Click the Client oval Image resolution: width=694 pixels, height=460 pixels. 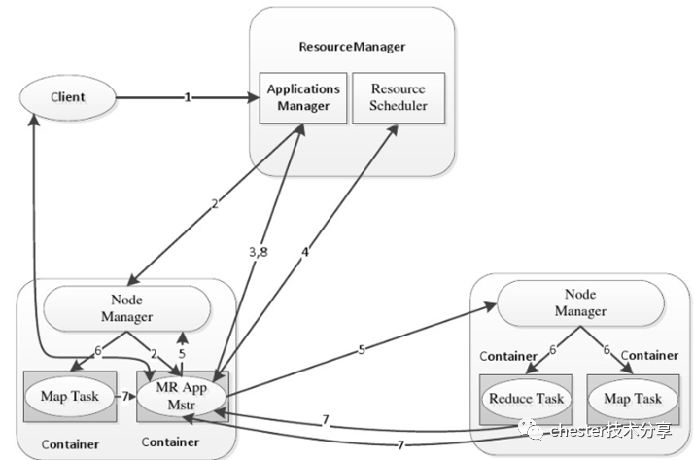[x=67, y=97]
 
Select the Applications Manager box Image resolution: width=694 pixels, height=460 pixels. [x=303, y=97]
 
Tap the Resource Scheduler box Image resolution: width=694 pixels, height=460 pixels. [x=397, y=97]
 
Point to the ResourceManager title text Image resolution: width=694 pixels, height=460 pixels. [x=352, y=47]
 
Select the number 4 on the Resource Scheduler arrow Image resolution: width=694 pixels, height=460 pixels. [x=305, y=251]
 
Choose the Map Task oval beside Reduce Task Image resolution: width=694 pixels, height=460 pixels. [x=633, y=399]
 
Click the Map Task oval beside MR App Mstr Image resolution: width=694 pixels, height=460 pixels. [x=71, y=397]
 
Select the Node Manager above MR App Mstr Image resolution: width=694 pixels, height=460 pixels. [x=127, y=308]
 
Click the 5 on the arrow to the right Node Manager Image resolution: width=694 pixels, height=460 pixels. [x=362, y=349]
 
